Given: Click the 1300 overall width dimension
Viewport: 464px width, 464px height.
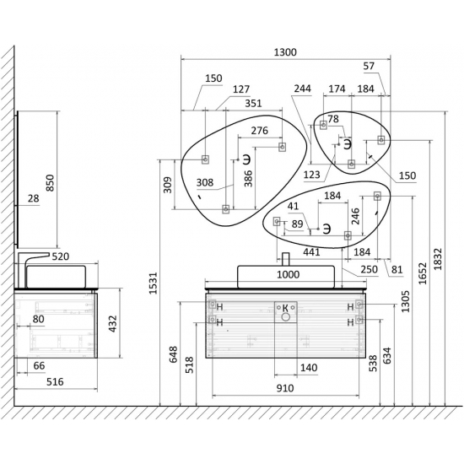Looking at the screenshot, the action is coord(285,52).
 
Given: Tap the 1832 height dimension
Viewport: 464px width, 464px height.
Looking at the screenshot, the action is coord(438,259).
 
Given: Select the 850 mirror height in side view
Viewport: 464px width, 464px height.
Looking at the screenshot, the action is coord(51,183).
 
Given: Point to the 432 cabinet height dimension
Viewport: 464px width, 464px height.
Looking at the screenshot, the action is coord(113,324).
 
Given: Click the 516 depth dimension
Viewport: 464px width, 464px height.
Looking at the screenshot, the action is coord(55,381).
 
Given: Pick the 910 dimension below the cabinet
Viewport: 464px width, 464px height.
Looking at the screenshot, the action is coord(285,388).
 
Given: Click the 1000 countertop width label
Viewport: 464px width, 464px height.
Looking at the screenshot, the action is coord(289,274).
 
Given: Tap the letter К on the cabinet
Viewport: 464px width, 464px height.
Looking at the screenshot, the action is coord(285,308).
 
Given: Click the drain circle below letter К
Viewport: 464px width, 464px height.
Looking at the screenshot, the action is coord(285,317).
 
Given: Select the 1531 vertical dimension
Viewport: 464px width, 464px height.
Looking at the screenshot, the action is coord(153,283).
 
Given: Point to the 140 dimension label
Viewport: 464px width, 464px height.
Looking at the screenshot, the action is coord(309,368).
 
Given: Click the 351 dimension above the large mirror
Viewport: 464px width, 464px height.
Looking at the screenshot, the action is coord(254,103).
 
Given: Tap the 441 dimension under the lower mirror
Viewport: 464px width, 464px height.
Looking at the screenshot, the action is coord(311,252).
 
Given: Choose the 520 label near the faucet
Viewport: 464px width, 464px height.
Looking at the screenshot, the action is coord(61,256).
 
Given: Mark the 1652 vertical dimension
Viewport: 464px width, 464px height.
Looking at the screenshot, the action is coord(423,273).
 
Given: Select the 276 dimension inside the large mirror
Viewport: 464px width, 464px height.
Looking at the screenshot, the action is coord(260,131).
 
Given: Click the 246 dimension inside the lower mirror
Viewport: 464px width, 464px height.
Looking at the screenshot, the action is coord(355,216).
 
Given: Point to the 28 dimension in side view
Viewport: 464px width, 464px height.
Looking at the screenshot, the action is coord(34,198).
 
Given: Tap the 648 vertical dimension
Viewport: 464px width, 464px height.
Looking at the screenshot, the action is coord(173,354).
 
